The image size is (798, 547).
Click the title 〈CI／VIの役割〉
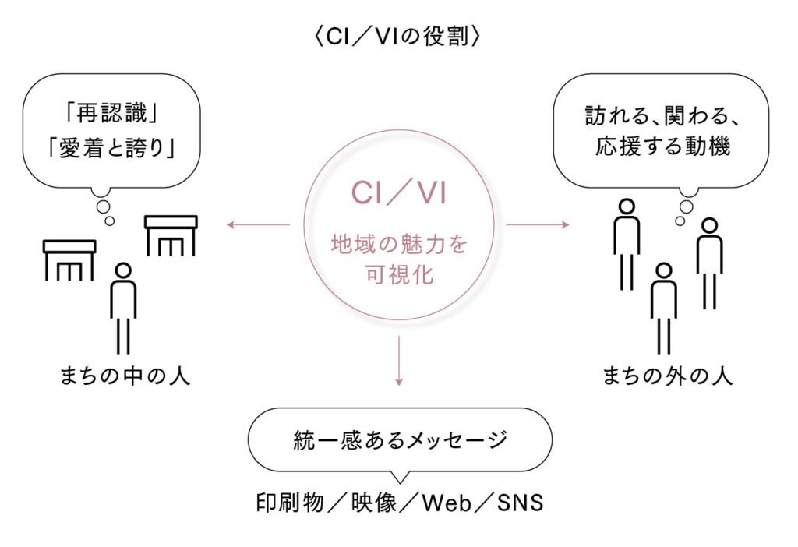398,36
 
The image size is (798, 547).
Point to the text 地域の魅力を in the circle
399,245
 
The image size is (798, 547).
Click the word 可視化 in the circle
399,274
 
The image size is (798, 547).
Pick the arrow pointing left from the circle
257,226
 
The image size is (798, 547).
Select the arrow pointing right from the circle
538,226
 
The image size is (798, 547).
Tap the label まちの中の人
125,377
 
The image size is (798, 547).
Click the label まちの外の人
668,377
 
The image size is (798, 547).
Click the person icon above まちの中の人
123,308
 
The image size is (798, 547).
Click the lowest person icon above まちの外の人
663,308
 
